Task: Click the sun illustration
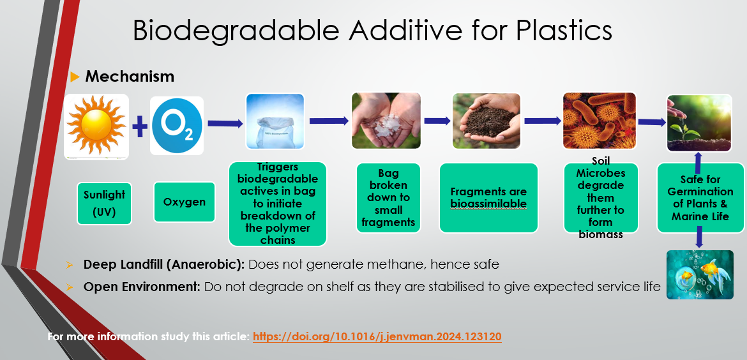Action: [96, 126]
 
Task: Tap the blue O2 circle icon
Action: [177, 126]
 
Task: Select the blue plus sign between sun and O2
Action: [140, 127]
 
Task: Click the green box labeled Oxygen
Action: [185, 202]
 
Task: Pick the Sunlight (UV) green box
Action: [104, 204]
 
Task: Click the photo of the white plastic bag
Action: [275, 121]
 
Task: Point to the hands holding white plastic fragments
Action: [386, 121]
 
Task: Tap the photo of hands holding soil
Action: [487, 121]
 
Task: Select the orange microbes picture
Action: [600, 121]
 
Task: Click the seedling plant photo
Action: [699, 123]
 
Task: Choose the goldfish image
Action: [700, 274]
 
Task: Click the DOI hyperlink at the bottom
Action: [377, 337]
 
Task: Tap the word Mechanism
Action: [130, 76]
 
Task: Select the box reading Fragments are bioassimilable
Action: [488, 198]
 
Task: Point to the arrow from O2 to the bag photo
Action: [225, 123]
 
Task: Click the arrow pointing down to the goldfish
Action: [699, 237]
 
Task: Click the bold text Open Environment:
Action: [142, 287]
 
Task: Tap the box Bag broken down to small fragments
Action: [388, 198]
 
